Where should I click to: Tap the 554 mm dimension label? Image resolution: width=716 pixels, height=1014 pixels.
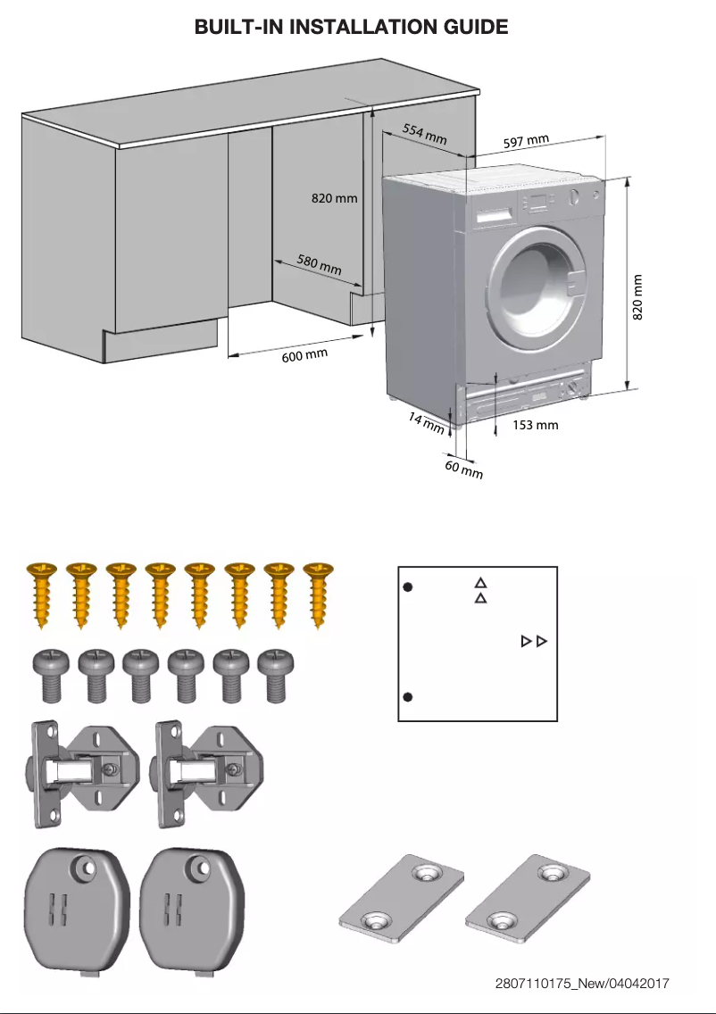tap(424, 135)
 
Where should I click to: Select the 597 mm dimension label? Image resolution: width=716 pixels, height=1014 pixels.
tap(525, 141)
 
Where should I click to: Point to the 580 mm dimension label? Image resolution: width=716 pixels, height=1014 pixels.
tap(319, 264)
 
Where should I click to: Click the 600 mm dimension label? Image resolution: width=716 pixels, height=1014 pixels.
tap(304, 355)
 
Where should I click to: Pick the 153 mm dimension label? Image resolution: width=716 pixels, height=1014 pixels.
tap(536, 425)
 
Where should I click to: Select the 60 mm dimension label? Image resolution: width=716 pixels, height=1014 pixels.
tap(464, 469)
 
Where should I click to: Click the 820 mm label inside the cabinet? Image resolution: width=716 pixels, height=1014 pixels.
tap(334, 198)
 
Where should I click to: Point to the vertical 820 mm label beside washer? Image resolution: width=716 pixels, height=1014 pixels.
tap(637, 297)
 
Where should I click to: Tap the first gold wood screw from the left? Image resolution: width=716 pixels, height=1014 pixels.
tap(42, 596)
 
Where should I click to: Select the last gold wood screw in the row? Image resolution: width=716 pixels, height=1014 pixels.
tap(317, 596)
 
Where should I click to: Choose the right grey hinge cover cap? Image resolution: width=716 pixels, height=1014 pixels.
tap(192, 910)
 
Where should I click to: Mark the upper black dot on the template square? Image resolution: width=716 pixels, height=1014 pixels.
tap(406, 587)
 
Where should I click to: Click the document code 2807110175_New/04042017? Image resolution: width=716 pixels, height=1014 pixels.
tap(582, 984)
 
